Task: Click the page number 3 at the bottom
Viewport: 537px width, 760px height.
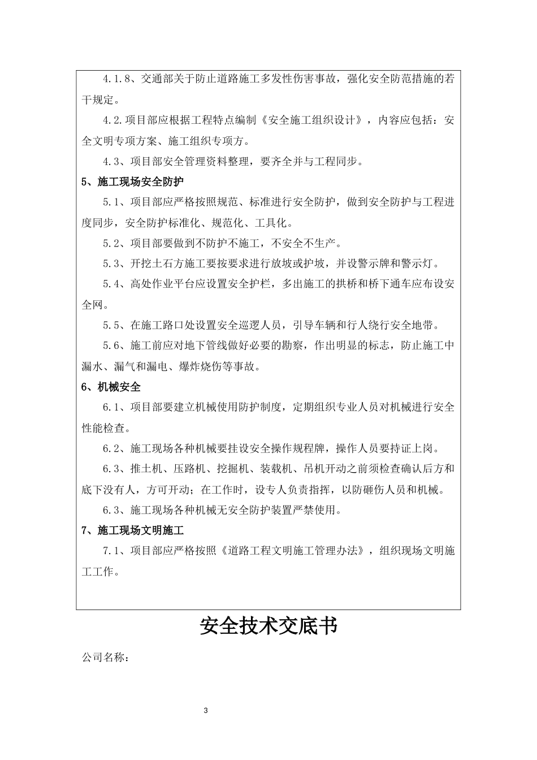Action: coord(206,710)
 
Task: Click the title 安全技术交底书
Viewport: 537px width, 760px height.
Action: coord(268,626)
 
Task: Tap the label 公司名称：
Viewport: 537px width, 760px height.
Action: coord(106,658)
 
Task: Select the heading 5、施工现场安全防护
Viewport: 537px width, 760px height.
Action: coord(133,182)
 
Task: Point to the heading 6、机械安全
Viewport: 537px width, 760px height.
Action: coord(111,387)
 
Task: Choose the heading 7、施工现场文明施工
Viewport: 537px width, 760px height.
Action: coord(133,530)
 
